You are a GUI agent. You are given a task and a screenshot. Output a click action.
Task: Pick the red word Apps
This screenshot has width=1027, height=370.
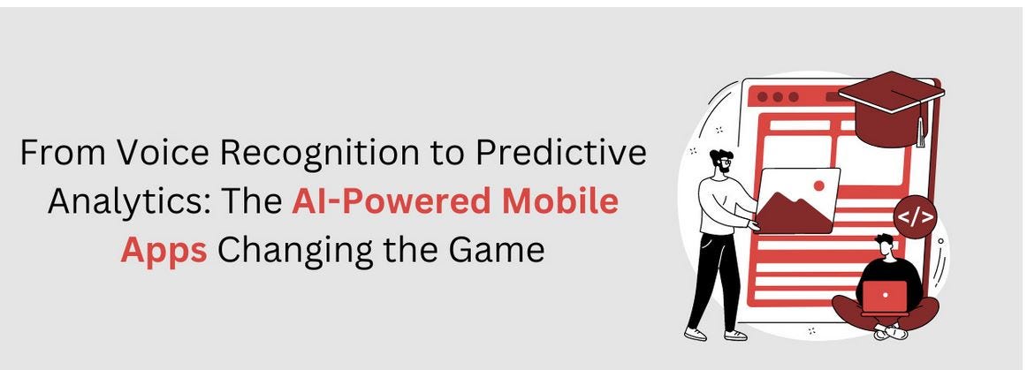click(164, 250)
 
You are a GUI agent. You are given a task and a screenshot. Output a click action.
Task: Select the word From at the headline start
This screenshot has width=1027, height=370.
click(57, 153)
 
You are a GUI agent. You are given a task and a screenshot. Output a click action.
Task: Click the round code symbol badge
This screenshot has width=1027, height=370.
click(914, 217)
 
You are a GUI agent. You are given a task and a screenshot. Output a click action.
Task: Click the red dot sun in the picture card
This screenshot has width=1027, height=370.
click(818, 186)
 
